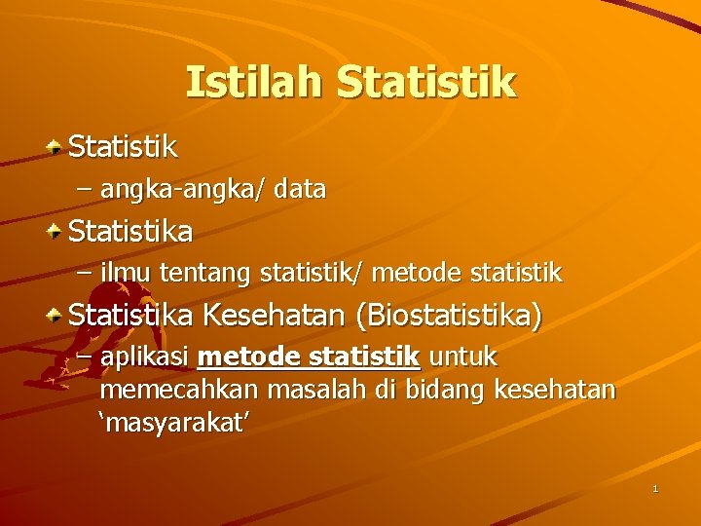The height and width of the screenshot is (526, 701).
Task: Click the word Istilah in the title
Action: click(x=254, y=83)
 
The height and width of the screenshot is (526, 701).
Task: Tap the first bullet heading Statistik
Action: click(x=123, y=147)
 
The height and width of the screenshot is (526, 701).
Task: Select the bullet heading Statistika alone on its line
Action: click(x=130, y=232)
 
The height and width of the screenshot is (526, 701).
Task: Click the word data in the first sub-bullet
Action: click(x=300, y=189)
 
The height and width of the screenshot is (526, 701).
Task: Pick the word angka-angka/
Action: click(x=182, y=189)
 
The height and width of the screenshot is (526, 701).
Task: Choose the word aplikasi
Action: click(x=145, y=357)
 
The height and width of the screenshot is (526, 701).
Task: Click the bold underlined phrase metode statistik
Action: click(x=309, y=357)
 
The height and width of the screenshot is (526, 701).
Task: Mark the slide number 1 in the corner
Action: click(x=655, y=487)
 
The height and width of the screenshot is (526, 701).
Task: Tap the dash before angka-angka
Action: click(x=85, y=189)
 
